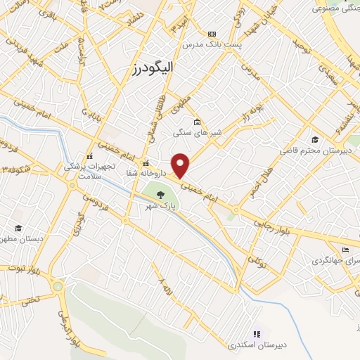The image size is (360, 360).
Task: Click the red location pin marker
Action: (x=181, y=165)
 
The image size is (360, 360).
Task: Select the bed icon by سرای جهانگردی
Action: (x=345, y=251)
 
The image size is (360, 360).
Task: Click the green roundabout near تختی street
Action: (x=58, y=285)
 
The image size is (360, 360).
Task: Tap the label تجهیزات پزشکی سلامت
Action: (x=84, y=172)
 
